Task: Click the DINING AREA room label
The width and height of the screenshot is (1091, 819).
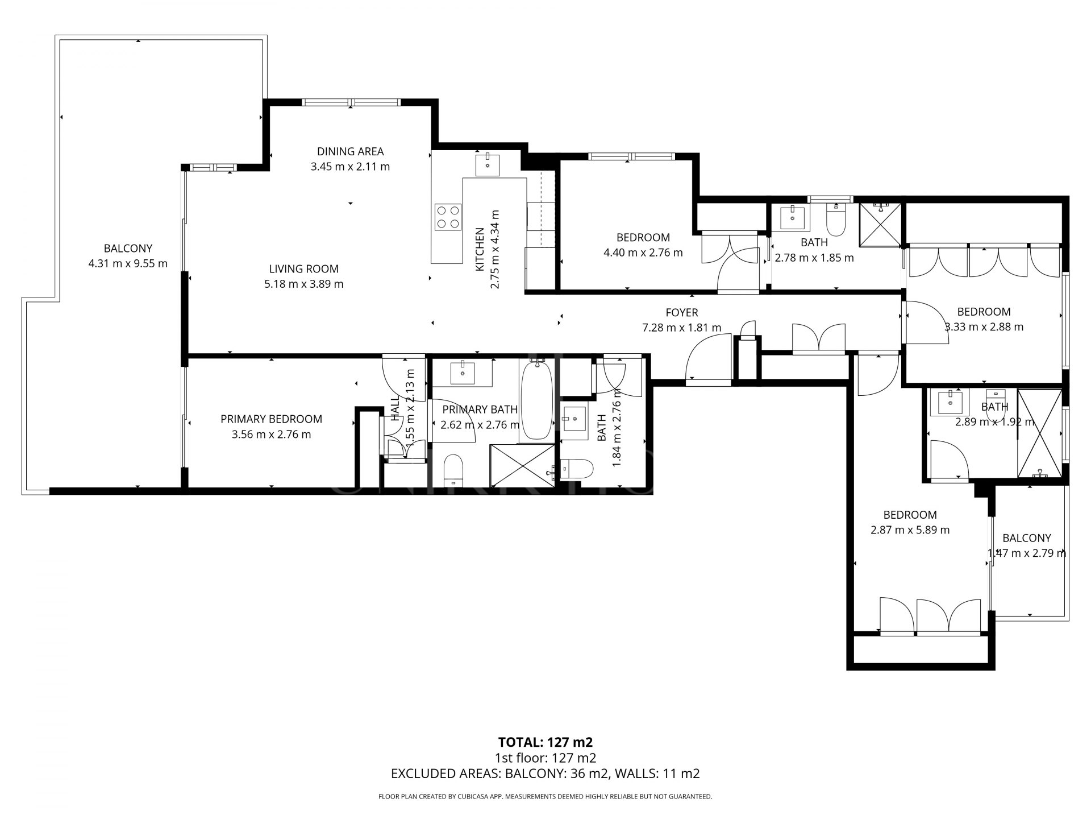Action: (350, 151)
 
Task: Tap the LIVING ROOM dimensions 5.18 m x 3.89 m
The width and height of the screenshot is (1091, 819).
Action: (303, 284)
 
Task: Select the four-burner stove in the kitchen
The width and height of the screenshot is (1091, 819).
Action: (447, 217)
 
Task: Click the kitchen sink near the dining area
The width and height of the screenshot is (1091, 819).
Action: (488, 164)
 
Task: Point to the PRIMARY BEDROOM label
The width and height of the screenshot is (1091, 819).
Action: (271, 419)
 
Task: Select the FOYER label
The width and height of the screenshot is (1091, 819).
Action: (681, 312)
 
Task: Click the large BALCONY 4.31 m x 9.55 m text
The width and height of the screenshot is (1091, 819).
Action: (128, 256)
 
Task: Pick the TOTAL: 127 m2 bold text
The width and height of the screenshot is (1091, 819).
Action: (545, 742)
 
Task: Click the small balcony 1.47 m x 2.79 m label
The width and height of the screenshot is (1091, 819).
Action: (1026, 545)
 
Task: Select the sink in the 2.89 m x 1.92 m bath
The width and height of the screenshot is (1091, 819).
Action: (950, 404)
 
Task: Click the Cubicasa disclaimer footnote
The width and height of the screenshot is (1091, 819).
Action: (545, 797)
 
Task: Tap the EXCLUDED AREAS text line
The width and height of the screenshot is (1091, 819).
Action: (545, 773)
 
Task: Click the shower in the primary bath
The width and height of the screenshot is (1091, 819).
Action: (522, 465)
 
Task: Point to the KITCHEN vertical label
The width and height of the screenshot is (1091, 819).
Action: (480, 249)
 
